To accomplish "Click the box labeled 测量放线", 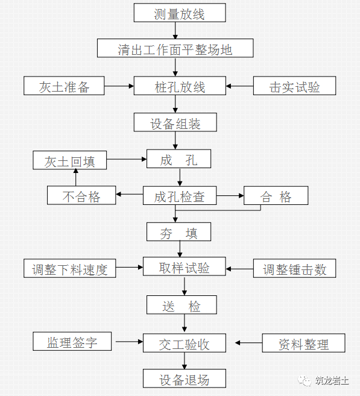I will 180,13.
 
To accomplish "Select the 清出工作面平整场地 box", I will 175,49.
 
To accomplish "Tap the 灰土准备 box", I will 65,86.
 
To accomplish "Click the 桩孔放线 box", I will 180,86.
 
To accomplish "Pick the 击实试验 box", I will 294,86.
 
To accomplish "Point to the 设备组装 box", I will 175,123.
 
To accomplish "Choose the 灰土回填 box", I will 70,161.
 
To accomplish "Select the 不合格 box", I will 81,196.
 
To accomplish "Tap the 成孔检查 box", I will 179,196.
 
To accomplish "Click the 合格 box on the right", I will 276,196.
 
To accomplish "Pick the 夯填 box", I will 179,232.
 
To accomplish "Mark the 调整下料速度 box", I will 70,269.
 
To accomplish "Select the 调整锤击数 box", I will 294,269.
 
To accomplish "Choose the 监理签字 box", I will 72,342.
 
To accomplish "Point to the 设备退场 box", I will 184,379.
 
